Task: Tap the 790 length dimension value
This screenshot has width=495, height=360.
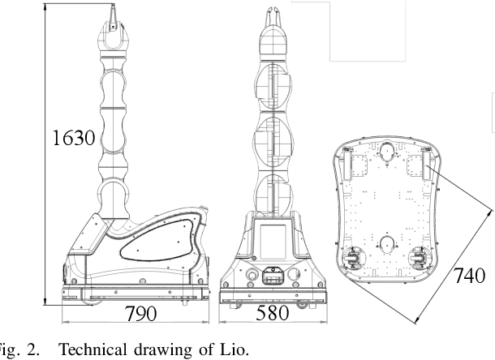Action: point(146,314)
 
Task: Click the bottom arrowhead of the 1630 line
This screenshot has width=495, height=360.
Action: point(45,301)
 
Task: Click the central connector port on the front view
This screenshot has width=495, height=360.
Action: point(272,278)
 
